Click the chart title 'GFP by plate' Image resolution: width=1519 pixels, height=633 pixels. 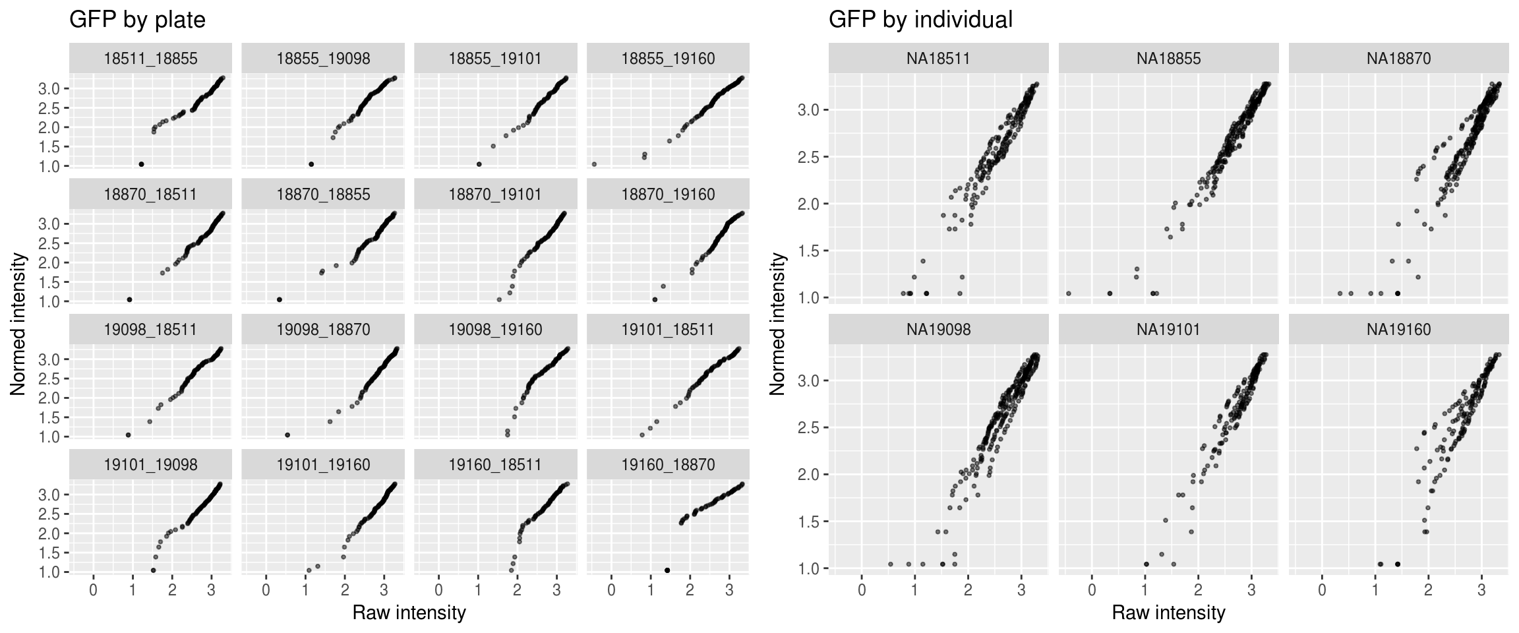[137, 20]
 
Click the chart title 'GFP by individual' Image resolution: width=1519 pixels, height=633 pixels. [920, 20]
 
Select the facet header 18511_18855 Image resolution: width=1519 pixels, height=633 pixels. [150, 59]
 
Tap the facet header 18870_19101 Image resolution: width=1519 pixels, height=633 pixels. [495, 195]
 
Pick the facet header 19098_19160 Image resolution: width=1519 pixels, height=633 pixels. [495, 330]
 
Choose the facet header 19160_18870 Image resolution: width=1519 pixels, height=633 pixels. [668, 465]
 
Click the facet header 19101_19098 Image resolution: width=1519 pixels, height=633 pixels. [150, 465]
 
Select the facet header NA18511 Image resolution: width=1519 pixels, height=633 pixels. [938, 59]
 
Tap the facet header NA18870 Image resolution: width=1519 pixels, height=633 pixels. [1398, 59]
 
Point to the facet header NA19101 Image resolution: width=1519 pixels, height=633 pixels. [1168, 330]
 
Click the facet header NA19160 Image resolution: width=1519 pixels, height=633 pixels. [1398, 330]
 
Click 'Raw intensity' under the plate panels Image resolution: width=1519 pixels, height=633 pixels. [409, 613]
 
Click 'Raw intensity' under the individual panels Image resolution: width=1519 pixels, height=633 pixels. [1168, 613]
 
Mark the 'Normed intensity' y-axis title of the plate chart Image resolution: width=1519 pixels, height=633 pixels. [18, 324]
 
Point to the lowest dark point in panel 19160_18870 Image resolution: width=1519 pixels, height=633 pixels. [667, 570]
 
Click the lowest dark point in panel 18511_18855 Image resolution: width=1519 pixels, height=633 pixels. [141, 164]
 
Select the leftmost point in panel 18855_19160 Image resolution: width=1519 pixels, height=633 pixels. [594, 164]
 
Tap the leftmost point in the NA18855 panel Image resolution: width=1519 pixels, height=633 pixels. [1069, 293]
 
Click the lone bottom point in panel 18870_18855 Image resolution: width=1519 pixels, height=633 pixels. [280, 299]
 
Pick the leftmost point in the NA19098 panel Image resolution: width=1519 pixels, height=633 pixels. [891, 564]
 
